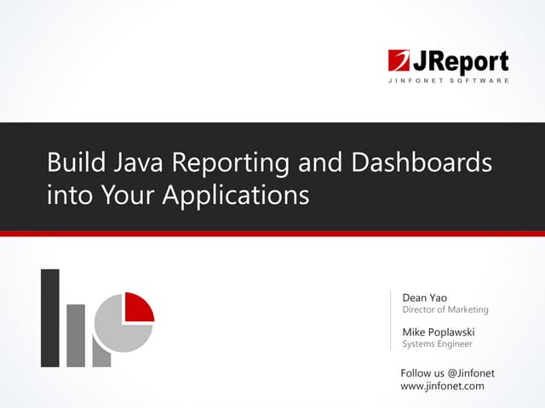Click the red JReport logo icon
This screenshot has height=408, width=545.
(x=399, y=61)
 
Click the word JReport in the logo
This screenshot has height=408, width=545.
(x=461, y=61)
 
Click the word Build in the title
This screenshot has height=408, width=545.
(x=72, y=161)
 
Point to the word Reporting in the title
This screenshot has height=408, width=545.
(x=230, y=163)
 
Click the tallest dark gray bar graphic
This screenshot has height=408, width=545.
(x=50, y=318)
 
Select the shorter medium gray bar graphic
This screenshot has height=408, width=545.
(x=77, y=335)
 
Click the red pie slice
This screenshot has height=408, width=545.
(x=138, y=307)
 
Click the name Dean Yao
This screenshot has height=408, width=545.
(x=424, y=297)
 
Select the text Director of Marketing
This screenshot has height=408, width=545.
(x=445, y=310)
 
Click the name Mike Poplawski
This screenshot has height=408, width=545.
(x=439, y=331)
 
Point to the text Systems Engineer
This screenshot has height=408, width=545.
(x=437, y=344)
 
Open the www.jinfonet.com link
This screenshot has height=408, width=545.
(x=442, y=386)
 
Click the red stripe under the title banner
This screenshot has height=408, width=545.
(x=272, y=233)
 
